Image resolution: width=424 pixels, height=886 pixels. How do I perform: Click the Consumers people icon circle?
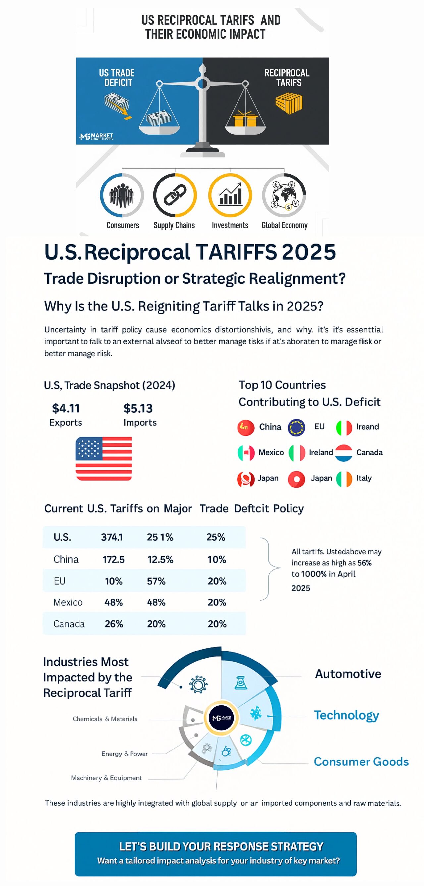point(122,195)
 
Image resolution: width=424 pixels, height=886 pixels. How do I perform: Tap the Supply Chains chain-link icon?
point(175,195)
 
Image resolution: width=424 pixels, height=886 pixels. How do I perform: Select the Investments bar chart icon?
point(230,195)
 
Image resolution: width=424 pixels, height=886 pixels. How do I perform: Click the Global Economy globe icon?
point(284,195)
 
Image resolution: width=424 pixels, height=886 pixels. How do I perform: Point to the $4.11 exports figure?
point(66,408)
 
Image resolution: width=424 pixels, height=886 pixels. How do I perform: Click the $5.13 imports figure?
point(138,408)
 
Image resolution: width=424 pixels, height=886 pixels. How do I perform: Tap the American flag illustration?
point(103,458)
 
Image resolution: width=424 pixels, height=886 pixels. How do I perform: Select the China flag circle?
point(245,428)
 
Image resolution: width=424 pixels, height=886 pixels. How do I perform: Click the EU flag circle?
point(296,428)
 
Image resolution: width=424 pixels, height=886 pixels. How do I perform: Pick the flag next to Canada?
point(344,453)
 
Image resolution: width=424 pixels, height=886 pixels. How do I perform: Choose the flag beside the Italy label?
point(344,479)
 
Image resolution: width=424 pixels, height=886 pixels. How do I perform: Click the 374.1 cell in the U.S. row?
point(112,537)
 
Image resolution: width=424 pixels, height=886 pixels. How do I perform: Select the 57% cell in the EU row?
point(156,581)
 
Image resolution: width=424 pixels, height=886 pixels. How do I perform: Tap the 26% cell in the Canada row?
point(114,624)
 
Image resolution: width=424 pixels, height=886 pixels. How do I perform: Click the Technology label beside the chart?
point(346,715)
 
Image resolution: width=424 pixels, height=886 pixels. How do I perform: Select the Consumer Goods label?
point(361,762)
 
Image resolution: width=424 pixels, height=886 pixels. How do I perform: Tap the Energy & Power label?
point(125,754)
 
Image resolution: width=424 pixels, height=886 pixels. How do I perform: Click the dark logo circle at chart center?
point(222,717)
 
